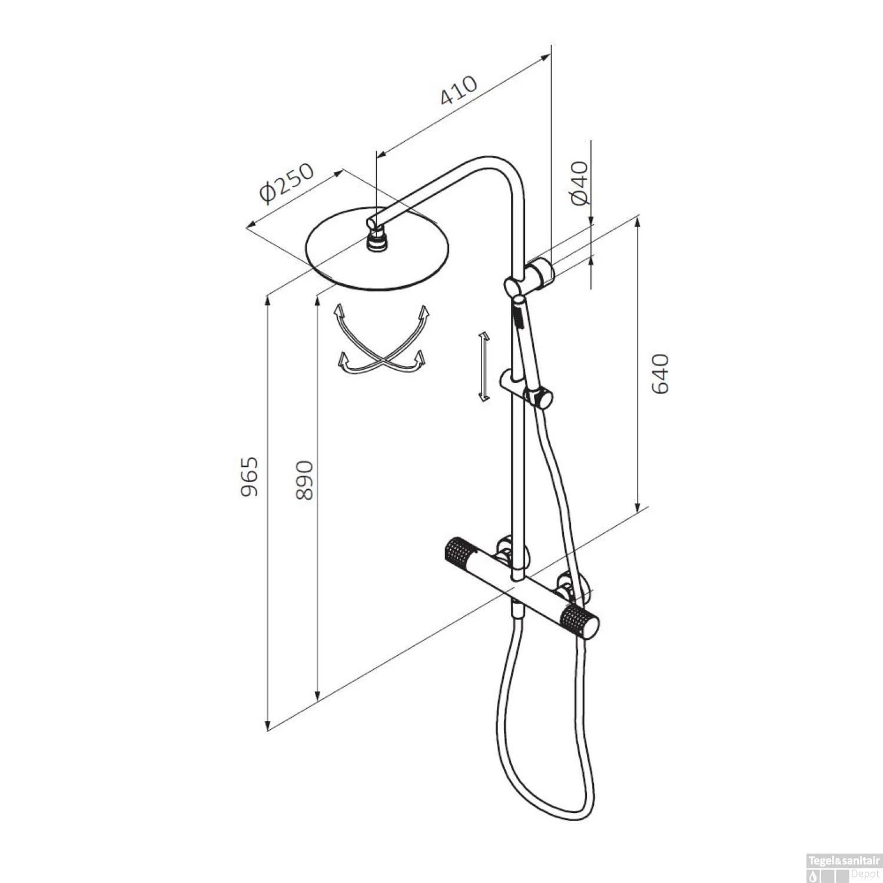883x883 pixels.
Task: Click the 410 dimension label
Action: tap(459, 91)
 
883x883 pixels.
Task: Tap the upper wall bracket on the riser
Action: tap(539, 273)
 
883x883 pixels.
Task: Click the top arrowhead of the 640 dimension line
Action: tap(638, 221)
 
